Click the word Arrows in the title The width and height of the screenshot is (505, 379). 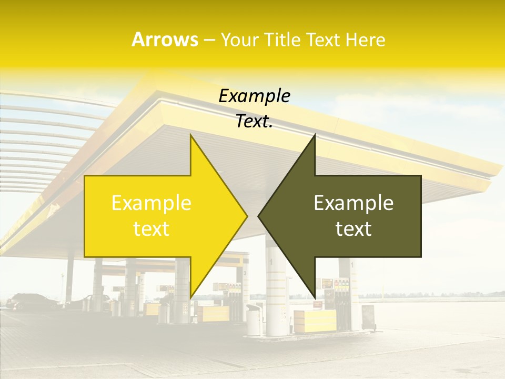click(x=165, y=39)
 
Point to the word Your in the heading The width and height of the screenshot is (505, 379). click(x=239, y=40)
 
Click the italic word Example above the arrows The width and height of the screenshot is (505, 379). click(x=255, y=96)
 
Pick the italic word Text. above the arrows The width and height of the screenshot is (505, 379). click(x=255, y=122)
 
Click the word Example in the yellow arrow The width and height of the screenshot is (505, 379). click(x=151, y=203)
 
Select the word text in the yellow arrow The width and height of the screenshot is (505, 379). click(x=151, y=229)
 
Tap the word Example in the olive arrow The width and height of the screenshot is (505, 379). click(x=353, y=203)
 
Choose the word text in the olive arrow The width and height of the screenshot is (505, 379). click(x=353, y=229)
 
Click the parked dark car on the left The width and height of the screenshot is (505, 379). click(x=32, y=301)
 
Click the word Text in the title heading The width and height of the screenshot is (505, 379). click(x=324, y=40)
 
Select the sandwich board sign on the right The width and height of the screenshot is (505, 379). click(x=368, y=315)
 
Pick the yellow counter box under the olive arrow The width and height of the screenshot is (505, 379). click(x=315, y=321)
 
